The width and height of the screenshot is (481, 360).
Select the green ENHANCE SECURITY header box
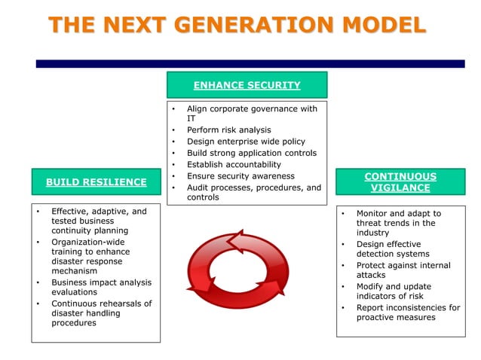[x=247, y=85]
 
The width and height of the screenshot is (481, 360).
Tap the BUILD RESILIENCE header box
[x=96, y=182]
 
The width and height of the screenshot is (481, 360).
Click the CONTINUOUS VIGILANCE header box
[x=400, y=182]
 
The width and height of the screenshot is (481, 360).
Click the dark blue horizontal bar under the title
[x=250, y=64]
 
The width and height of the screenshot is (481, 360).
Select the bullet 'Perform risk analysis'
[x=228, y=130]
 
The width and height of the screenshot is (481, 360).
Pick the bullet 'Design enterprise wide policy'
[x=247, y=142]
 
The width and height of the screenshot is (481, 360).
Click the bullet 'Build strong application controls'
[x=251, y=153]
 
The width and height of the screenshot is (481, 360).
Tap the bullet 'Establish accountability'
[x=234, y=164]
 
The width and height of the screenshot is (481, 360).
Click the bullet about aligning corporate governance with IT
[x=252, y=114]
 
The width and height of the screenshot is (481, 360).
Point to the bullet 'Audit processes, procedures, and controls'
[x=253, y=193]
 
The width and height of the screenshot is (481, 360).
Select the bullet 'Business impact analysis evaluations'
[x=101, y=288]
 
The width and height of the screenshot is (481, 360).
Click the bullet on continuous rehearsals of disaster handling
[x=101, y=313]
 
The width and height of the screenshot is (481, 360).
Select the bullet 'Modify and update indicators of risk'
[x=403, y=291]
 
